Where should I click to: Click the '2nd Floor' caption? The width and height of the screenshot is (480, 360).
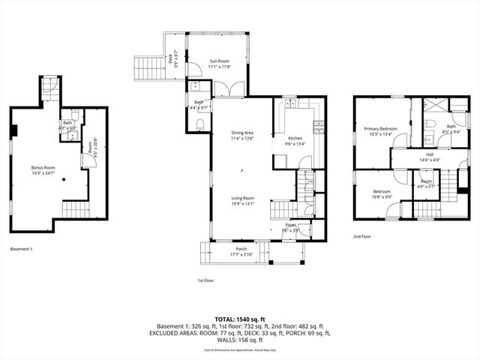click(362, 236)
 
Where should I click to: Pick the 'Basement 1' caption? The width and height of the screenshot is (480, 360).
click(21, 249)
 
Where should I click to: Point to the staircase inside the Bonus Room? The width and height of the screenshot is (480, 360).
click(76, 209)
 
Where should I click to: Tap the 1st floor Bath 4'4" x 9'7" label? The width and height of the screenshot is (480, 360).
click(199, 104)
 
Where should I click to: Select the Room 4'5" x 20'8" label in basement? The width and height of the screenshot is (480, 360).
click(91, 147)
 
